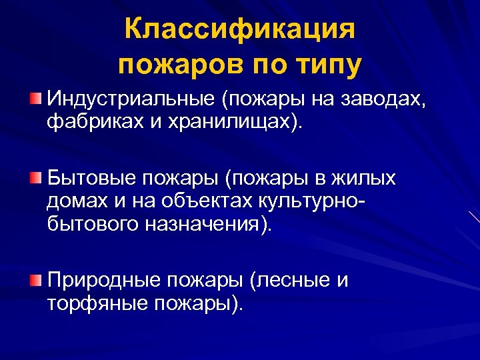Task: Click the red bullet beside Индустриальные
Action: click(35, 99)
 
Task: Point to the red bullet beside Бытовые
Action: click(35, 178)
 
